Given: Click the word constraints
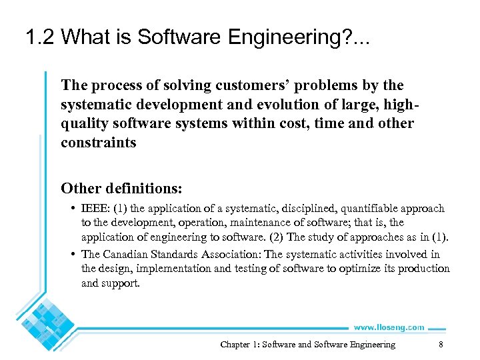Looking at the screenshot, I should pyautogui.click(x=99, y=143).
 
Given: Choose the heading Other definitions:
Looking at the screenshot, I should pyautogui.click(x=121, y=187).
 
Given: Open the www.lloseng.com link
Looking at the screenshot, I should pyautogui.click(x=389, y=327).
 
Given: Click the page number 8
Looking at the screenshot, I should pyautogui.click(x=441, y=345).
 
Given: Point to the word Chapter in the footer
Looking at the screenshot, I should pyautogui.click(x=235, y=345).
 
